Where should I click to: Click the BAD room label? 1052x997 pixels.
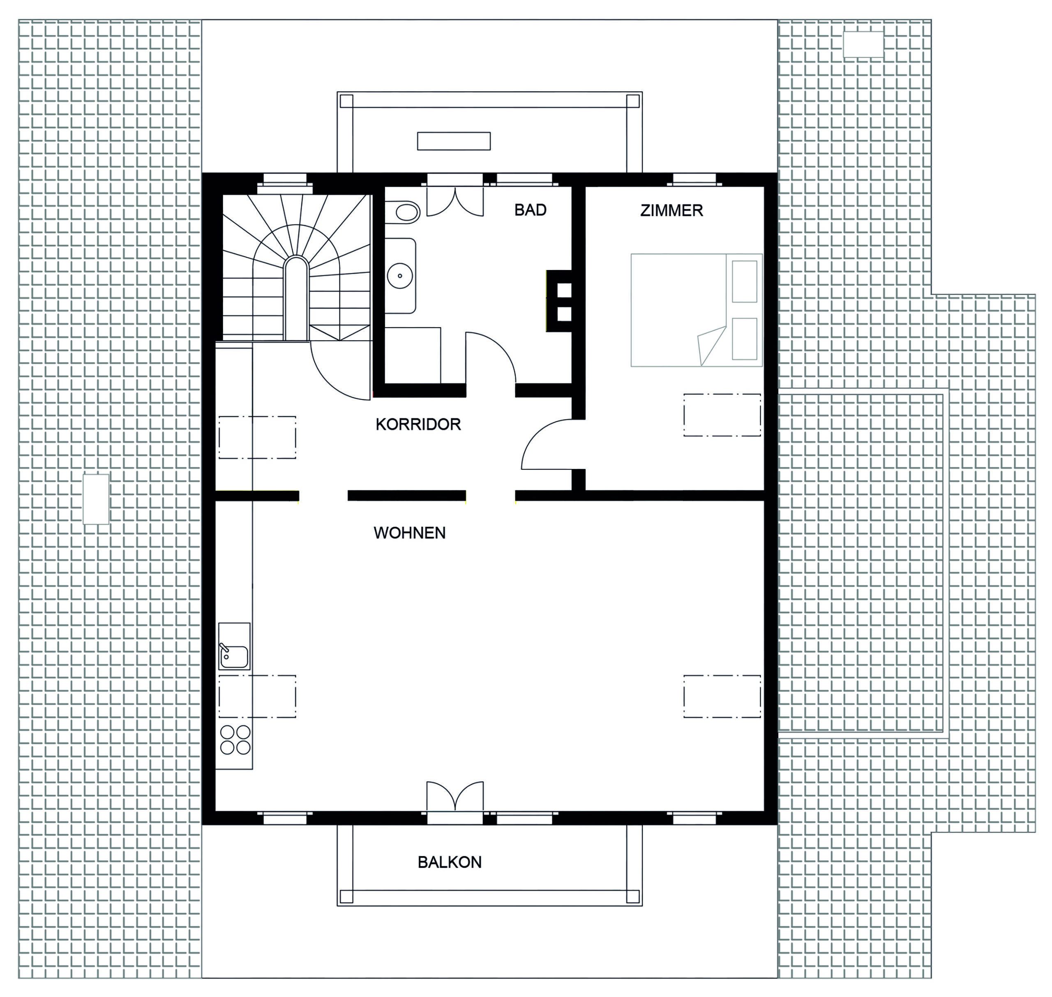(x=530, y=210)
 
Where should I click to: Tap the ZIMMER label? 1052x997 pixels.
(x=671, y=210)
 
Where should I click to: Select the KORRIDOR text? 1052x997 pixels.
(x=418, y=424)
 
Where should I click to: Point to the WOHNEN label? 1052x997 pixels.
(x=410, y=533)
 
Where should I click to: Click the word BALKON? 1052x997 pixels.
(x=450, y=862)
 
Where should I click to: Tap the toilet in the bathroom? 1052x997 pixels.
(x=402, y=212)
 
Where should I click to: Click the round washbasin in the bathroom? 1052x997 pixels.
(x=400, y=276)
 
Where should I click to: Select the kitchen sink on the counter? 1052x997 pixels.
(x=234, y=646)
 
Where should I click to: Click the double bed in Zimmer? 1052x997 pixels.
(x=697, y=310)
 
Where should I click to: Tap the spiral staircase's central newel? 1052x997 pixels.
(x=296, y=298)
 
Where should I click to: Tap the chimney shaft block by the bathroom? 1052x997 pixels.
(x=559, y=301)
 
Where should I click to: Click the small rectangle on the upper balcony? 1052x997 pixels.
(x=454, y=141)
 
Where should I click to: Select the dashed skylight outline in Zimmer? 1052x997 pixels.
(x=722, y=415)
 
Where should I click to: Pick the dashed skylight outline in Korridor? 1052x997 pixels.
(x=257, y=437)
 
